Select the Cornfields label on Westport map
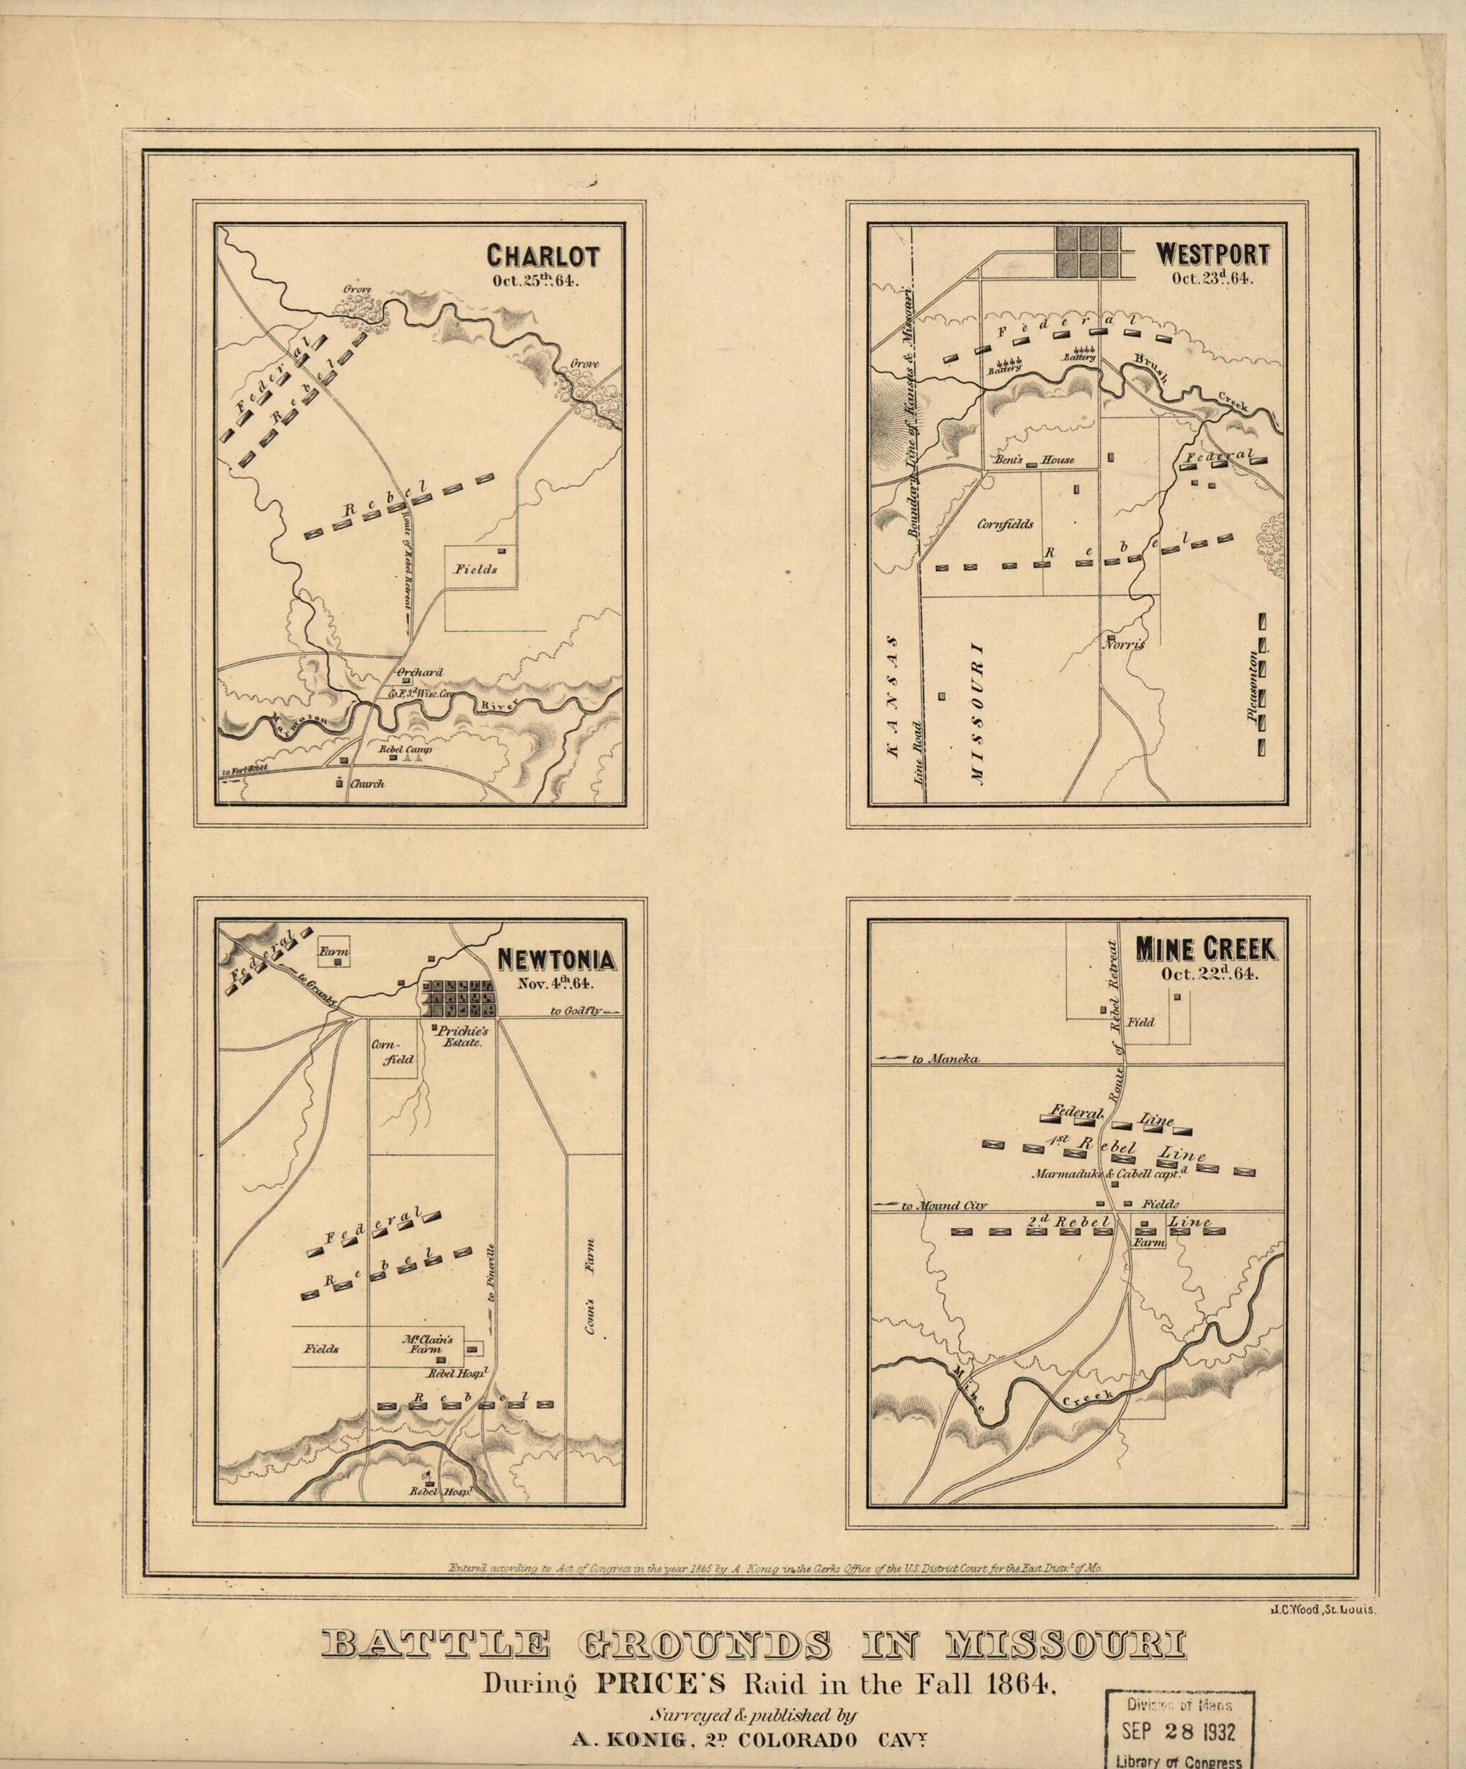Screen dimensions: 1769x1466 pyautogui.click(x=1005, y=523)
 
